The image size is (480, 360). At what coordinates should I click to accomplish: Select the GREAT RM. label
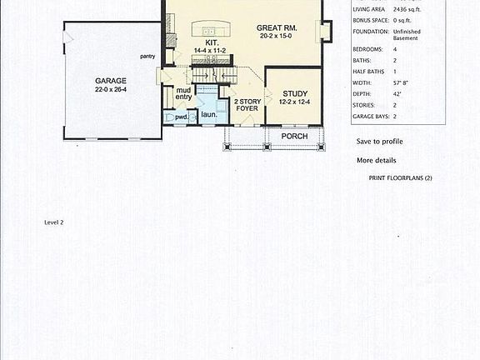coord(277,28)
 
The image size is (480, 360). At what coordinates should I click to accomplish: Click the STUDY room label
coord(295,93)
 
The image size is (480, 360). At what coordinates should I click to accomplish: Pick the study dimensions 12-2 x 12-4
coord(295,102)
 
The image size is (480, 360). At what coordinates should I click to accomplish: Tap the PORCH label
coord(293,135)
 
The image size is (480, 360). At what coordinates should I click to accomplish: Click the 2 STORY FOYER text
coord(247,105)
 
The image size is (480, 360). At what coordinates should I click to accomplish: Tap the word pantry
coord(147,56)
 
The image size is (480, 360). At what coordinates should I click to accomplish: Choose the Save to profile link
coord(379,141)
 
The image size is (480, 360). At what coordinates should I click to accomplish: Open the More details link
coord(376,160)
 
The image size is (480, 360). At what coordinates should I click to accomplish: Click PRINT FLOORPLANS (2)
coord(400,178)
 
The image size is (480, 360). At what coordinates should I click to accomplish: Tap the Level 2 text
coord(54,222)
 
